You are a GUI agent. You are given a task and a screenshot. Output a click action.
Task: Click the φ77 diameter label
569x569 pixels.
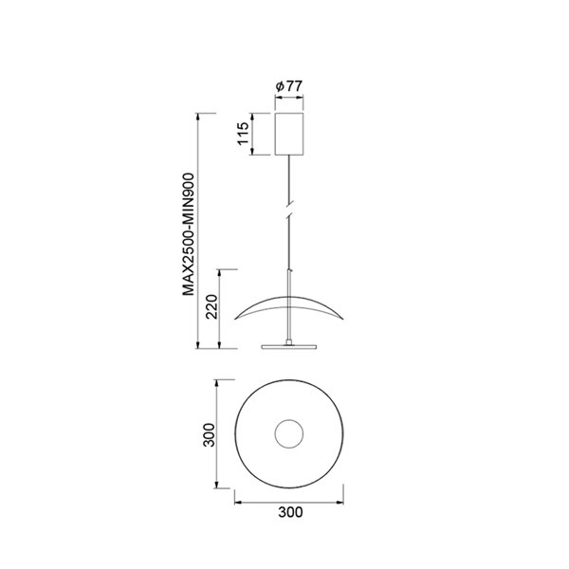[288, 86]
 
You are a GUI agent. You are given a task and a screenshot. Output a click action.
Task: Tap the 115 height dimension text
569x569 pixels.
[243, 136]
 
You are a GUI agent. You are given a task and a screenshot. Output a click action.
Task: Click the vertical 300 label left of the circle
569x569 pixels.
[210, 435]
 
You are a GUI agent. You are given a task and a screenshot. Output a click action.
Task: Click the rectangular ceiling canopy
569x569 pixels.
[288, 134]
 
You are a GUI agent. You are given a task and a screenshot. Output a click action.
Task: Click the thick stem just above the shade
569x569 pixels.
[288, 284]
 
